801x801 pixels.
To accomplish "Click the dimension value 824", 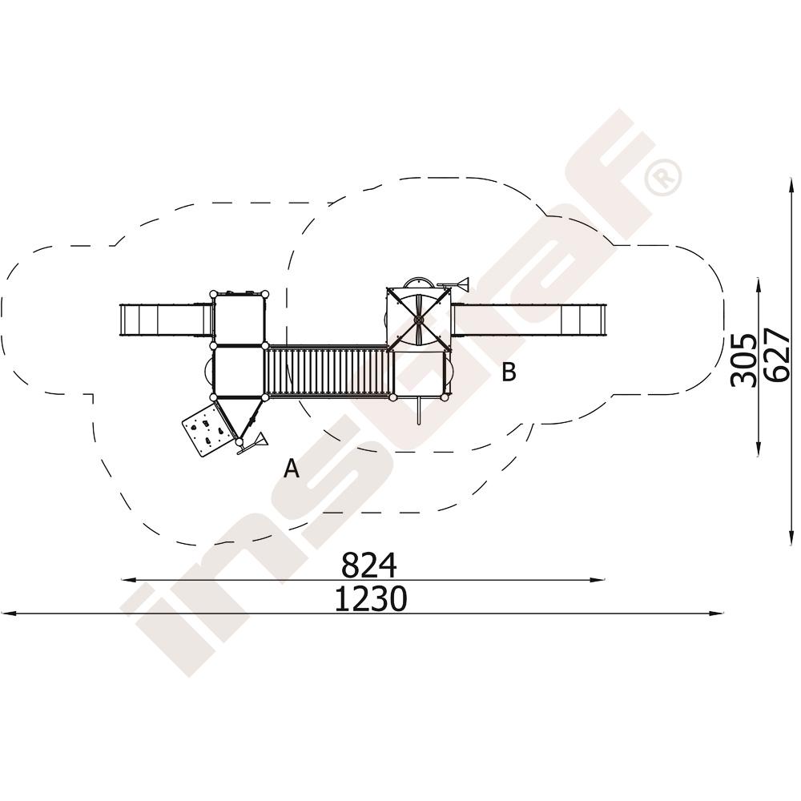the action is click(x=368, y=565).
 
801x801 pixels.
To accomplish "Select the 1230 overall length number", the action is click(x=371, y=598).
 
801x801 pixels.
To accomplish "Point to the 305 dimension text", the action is click(x=743, y=360).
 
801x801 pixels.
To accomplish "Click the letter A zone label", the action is click(x=292, y=468).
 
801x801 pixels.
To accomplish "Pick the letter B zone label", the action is click(x=509, y=372).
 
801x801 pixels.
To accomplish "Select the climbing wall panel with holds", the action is click(x=207, y=428).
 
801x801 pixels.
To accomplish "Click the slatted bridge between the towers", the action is click(x=328, y=371).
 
